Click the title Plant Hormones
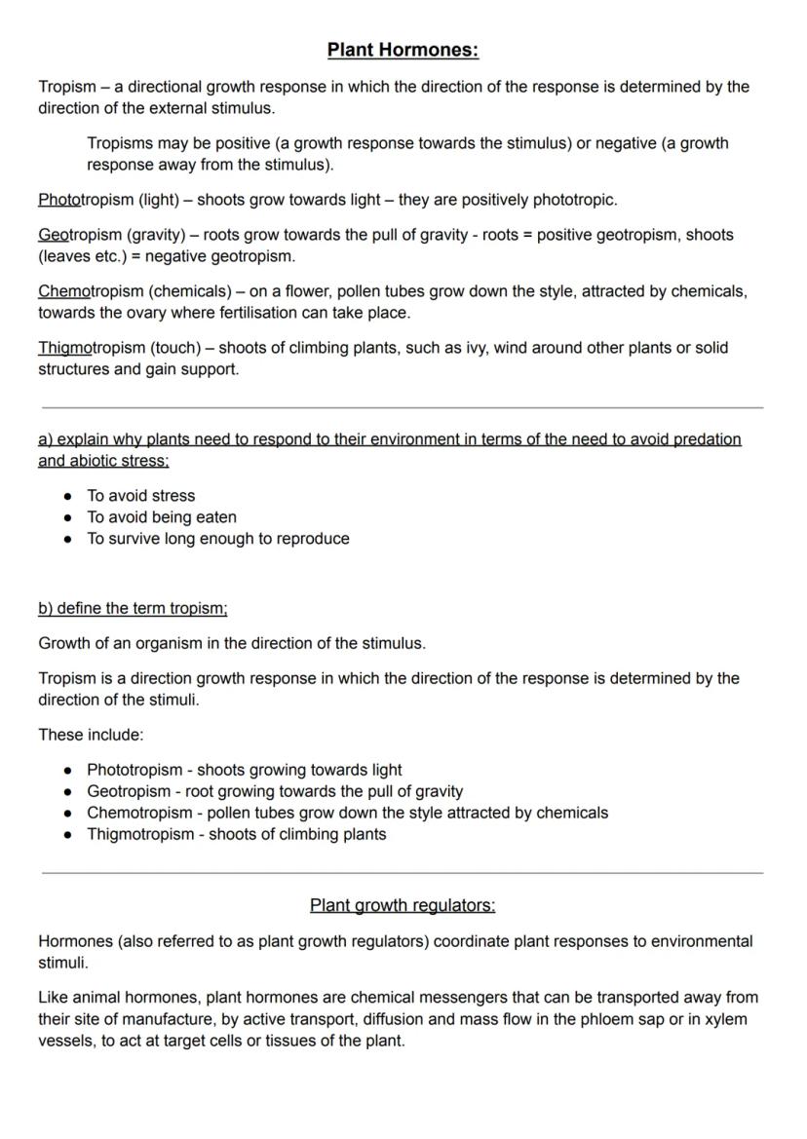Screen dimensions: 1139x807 click(x=403, y=50)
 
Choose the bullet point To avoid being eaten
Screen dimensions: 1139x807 click(x=162, y=517)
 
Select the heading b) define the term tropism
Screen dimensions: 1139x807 click(x=133, y=609)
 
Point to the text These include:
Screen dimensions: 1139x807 click(x=91, y=735)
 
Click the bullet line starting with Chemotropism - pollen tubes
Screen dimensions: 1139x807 click(x=347, y=813)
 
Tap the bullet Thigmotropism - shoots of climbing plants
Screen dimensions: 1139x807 click(x=236, y=834)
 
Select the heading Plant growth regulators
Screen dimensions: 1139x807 click(x=403, y=905)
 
